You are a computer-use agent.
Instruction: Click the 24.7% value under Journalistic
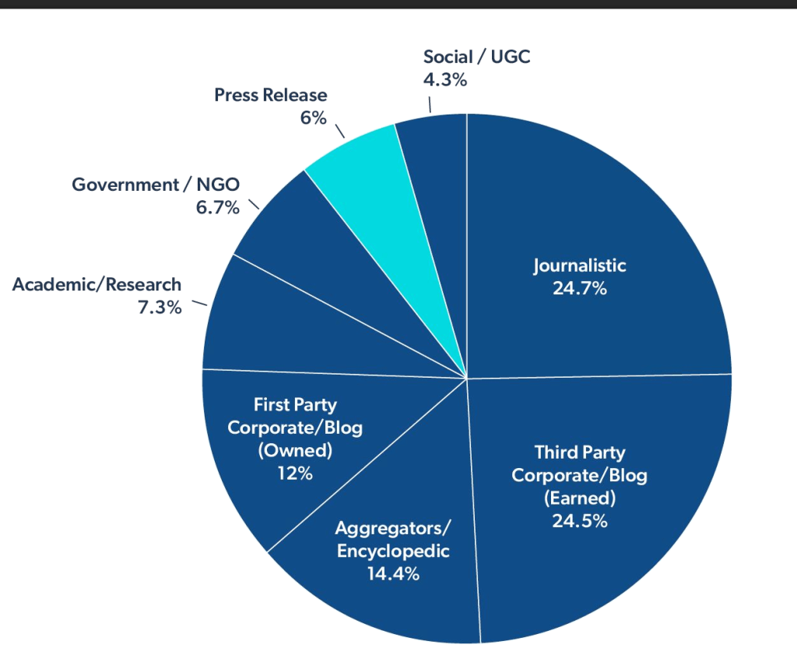coord(579,288)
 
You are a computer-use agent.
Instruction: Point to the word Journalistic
coord(579,266)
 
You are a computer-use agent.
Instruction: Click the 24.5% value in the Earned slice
coord(579,521)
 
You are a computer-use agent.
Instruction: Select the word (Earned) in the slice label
coord(579,498)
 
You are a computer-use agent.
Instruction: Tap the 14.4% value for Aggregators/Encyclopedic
coord(392,574)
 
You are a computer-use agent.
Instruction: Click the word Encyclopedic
coord(392,551)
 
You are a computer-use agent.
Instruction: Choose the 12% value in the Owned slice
coord(294,473)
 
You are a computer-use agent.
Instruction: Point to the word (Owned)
coord(294,450)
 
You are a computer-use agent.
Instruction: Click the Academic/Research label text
coord(97,285)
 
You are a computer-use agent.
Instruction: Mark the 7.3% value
coord(160,307)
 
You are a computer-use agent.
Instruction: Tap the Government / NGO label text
coord(156,185)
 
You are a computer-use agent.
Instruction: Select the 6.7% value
coord(217,207)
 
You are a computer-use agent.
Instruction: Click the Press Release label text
coord(270,95)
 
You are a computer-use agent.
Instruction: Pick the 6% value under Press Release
coord(313,118)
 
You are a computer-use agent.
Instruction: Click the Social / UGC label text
coord(476,57)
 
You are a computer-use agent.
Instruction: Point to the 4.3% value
coord(444,79)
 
